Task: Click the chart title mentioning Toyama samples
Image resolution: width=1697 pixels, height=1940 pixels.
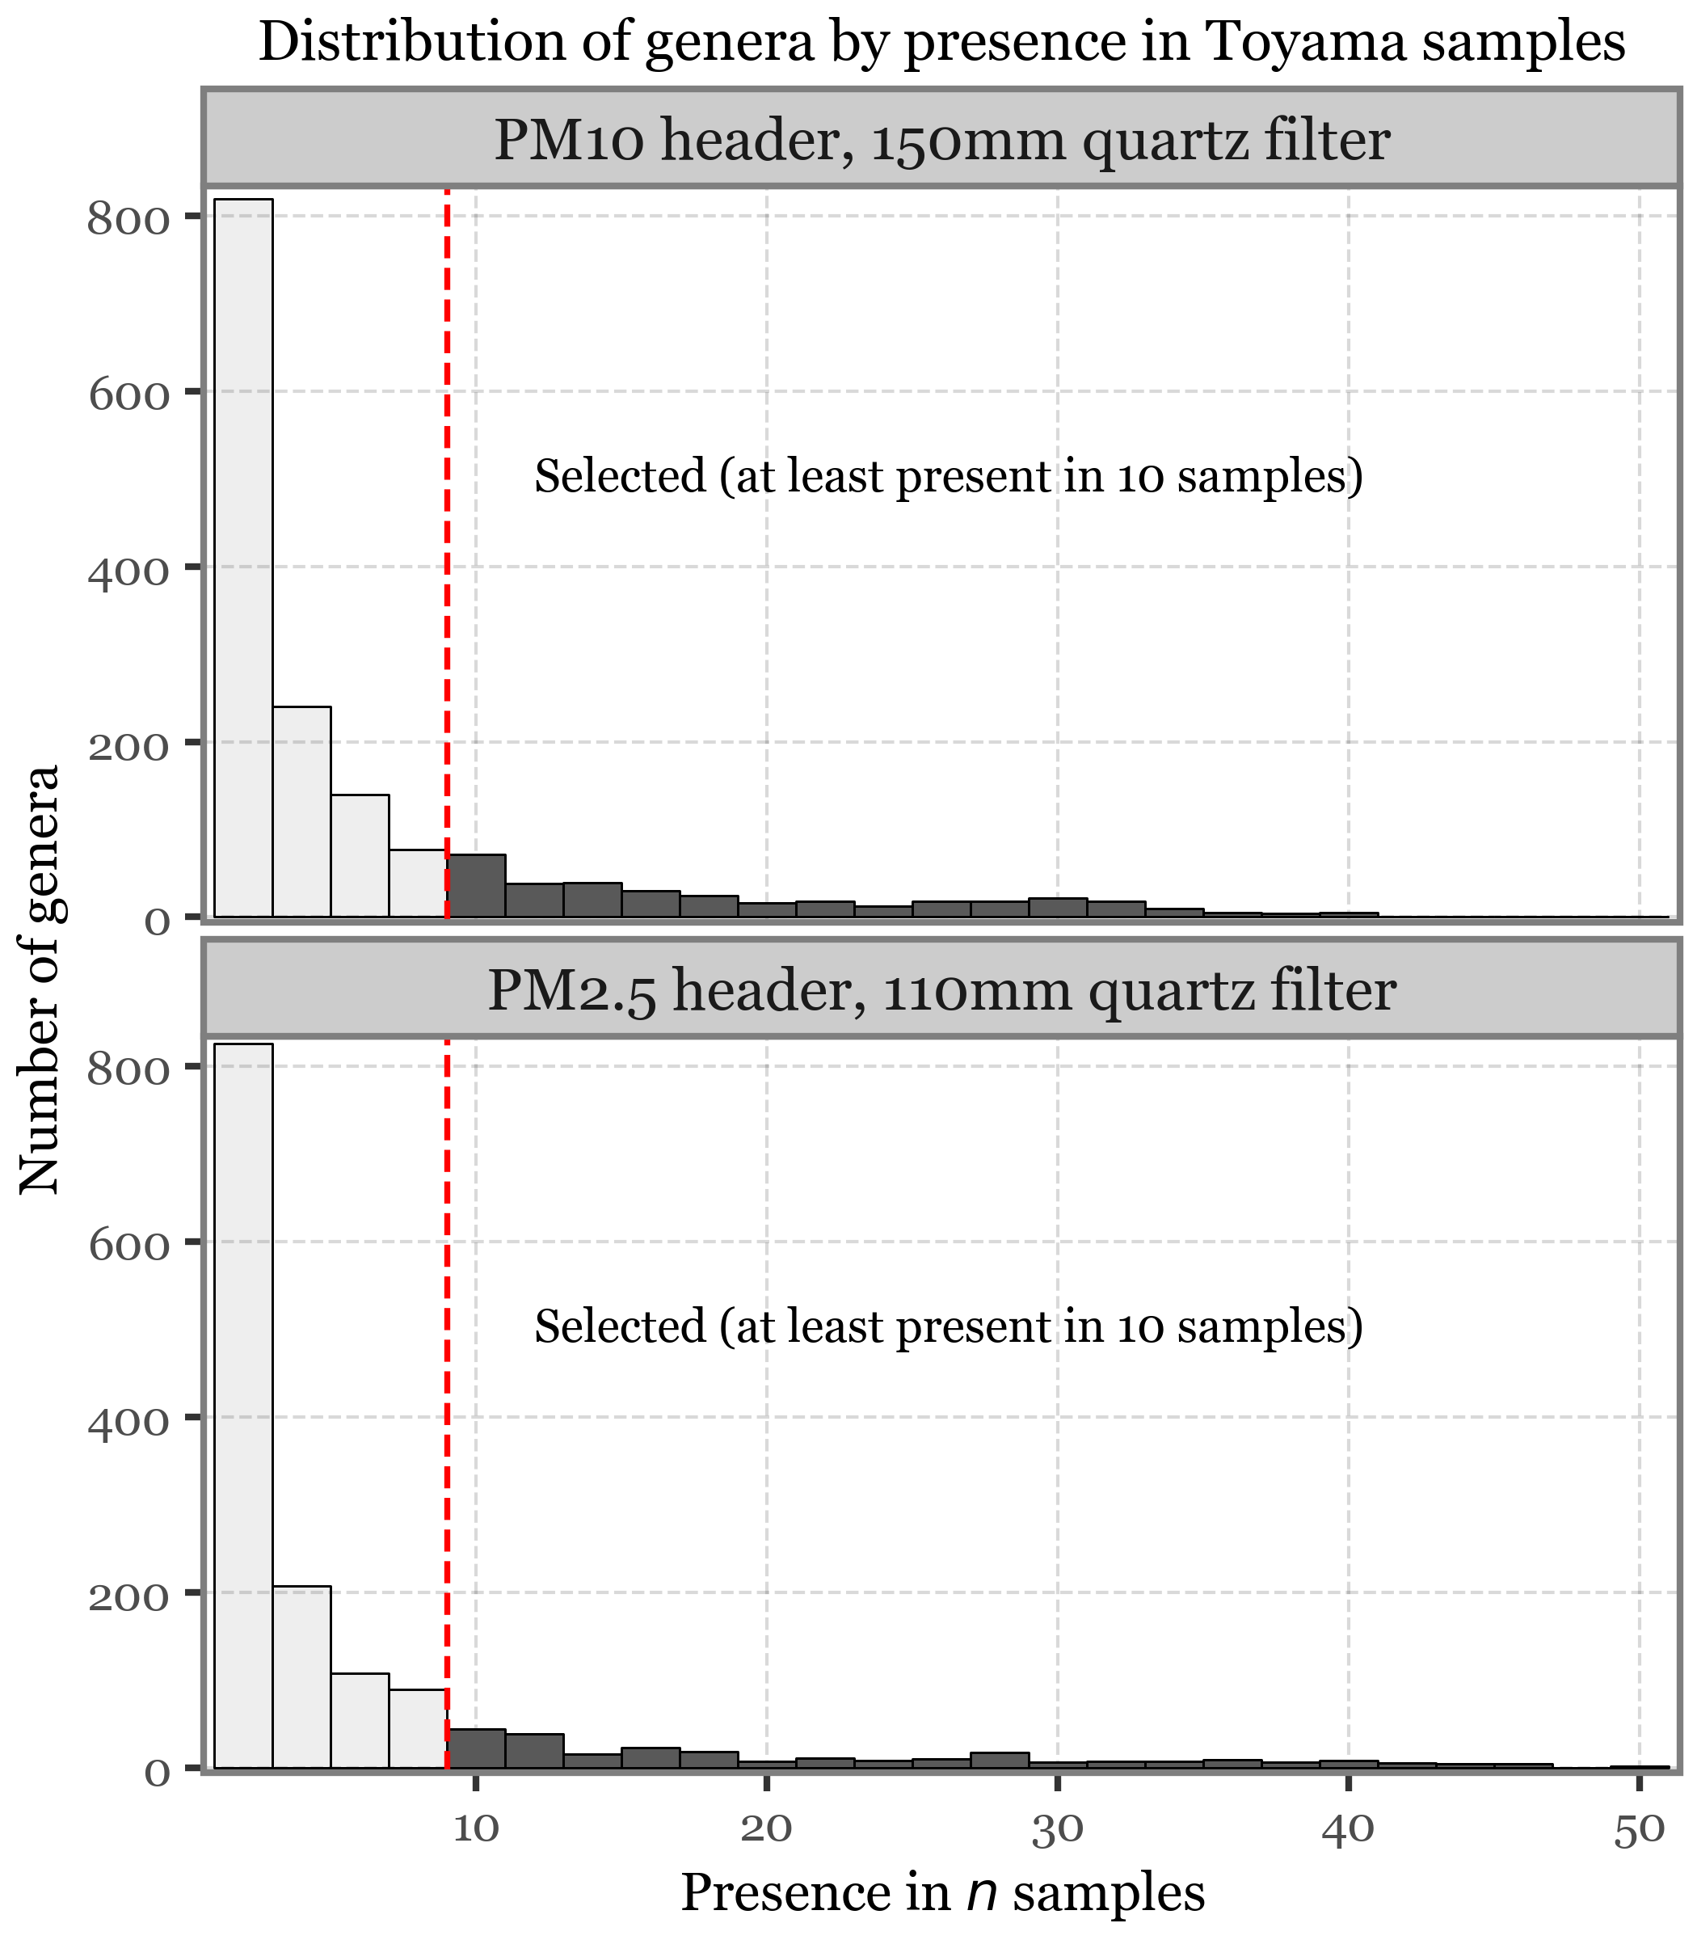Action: (x=941, y=43)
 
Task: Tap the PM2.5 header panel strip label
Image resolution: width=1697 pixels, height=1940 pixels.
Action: (x=941, y=991)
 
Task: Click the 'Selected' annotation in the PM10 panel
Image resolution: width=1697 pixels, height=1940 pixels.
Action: (x=948, y=475)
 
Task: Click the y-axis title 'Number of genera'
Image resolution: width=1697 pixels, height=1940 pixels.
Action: (x=40, y=980)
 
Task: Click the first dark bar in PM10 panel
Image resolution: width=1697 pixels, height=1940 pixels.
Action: (x=476, y=886)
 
